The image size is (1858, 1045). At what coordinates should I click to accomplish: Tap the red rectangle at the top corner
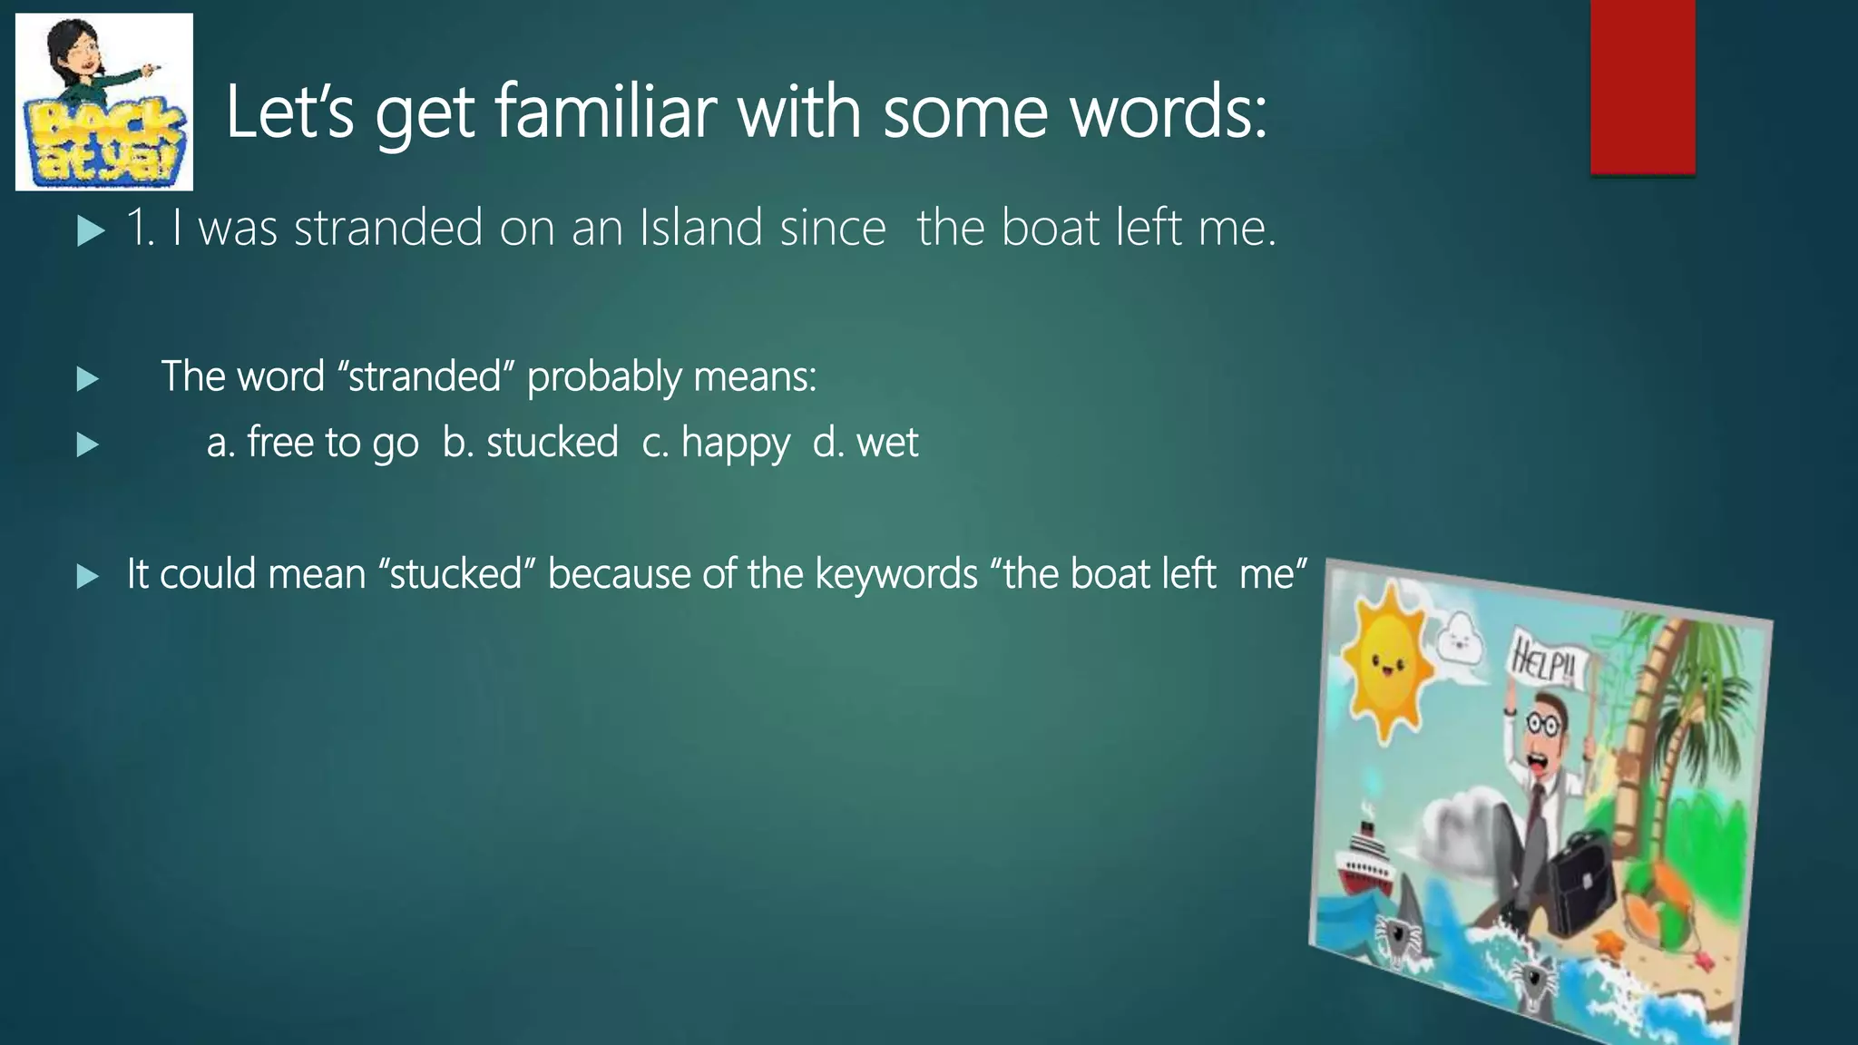click(1642, 86)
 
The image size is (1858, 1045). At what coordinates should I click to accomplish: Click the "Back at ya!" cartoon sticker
click(104, 102)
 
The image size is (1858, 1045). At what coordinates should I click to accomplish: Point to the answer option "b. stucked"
click(530, 443)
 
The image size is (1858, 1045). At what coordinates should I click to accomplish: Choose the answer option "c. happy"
click(716, 443)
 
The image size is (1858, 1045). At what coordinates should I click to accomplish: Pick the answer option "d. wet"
click(865, 443)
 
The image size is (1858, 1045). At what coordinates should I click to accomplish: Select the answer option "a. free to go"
click(312, 443)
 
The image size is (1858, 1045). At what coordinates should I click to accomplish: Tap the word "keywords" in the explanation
click(895, 574)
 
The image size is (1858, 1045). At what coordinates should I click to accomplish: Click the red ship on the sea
click(1365, 857)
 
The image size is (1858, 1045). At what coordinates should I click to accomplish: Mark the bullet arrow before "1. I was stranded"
click(90, 231)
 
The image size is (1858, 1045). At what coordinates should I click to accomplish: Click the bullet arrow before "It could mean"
click(88, 576)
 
